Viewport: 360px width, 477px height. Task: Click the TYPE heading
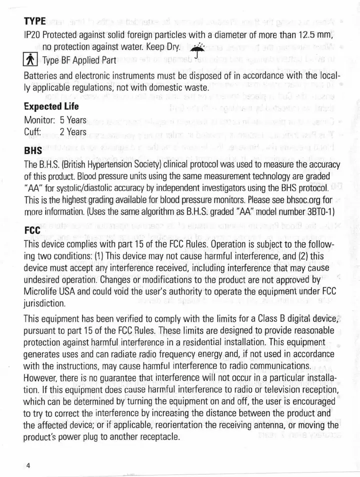tap(34, 22)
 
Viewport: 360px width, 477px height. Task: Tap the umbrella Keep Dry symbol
tap(198, 47)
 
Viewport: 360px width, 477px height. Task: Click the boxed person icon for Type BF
tap(30, 60)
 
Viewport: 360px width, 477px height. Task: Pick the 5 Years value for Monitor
tap(73, 120)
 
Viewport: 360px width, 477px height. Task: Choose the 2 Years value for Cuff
tap(73, 132)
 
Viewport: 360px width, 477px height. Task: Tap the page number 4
tap(28, 465)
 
